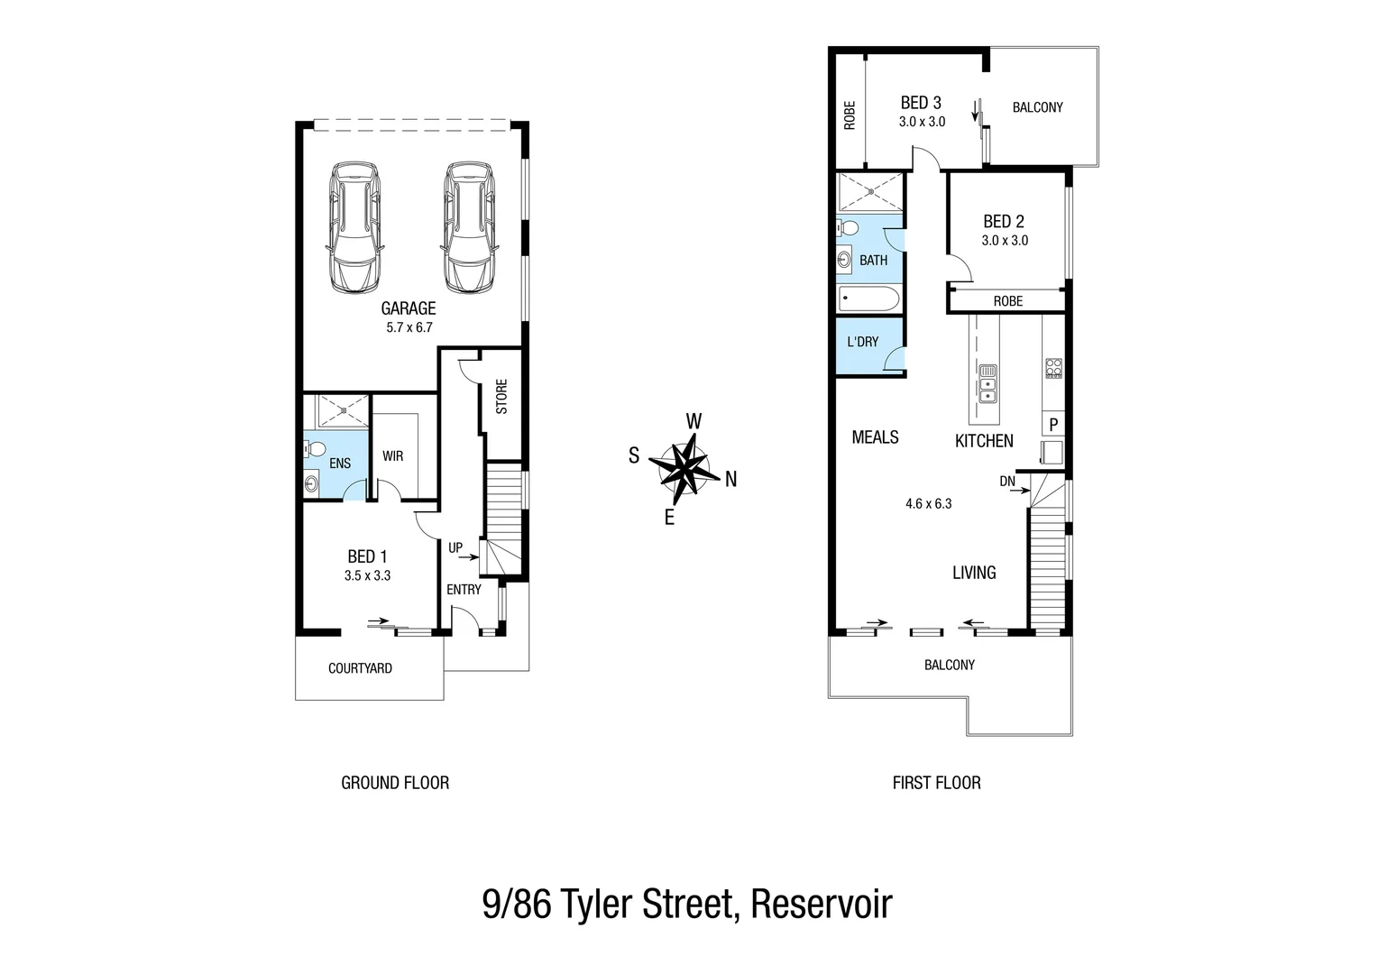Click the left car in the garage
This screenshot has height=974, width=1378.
353,227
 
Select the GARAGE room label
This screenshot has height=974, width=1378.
409,308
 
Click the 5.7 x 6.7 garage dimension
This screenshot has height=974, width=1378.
409,327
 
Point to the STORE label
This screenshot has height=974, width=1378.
501,396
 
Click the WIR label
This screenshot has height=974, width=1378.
392,455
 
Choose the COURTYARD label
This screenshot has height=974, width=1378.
360,668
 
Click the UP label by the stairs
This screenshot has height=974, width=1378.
455,547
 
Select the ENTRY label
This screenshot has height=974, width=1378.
464,589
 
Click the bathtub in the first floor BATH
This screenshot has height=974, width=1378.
868,299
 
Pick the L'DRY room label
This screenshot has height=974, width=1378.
862,342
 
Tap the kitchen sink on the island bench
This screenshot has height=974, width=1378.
988,382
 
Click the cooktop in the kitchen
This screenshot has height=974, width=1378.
1053,368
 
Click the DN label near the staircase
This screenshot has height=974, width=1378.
1007,482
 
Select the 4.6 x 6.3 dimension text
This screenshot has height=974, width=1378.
928,503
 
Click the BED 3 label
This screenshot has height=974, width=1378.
921,103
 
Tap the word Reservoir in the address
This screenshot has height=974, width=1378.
821,904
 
